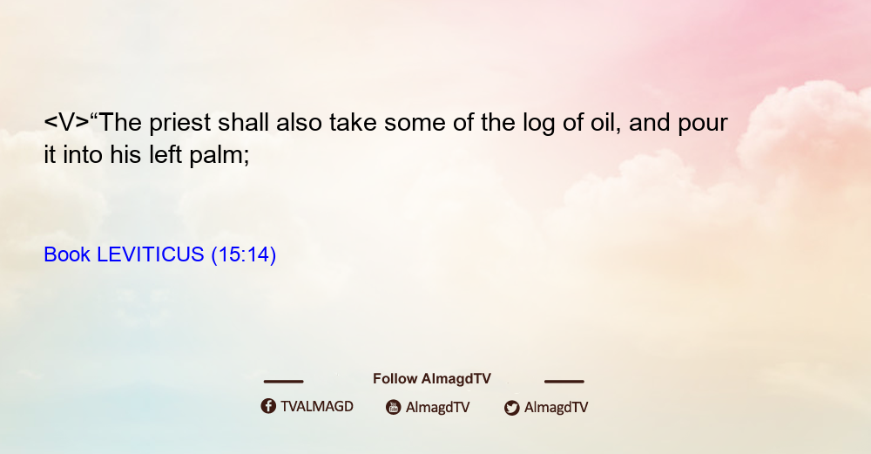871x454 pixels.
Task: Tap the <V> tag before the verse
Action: pyautogui.click(x=67, y=122)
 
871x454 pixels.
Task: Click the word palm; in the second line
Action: pyautogui.click(x=219, y=155)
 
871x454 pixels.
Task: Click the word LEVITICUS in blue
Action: pyautogui.click(x=151, y=254)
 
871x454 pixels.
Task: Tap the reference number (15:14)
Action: pyautogui.click(x=243, y=254)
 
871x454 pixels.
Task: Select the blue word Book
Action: pyautogui.click(x=67, y=254)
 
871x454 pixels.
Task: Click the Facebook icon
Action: pyautogui.click(x=268, y=406)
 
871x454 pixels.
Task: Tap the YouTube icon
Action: pyautogui.click(x=394, y=407)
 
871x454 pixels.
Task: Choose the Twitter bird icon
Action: pyautogui.click(x=511, y=408)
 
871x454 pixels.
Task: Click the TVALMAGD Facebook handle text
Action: pyautogui.click(x=317, y=406)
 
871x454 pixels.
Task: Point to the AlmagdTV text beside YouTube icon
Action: pyautogui.click(x=438, y=407)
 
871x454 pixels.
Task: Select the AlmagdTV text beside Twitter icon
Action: pyautogui.click(x=556, y=407)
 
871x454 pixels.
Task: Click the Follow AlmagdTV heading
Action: pyautogui.click(x=432, y=378)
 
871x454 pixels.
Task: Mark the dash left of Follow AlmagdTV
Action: pyautogui.click(x=283, y=381)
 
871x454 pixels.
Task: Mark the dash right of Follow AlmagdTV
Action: pyautogui.click(x=564, y=381)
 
